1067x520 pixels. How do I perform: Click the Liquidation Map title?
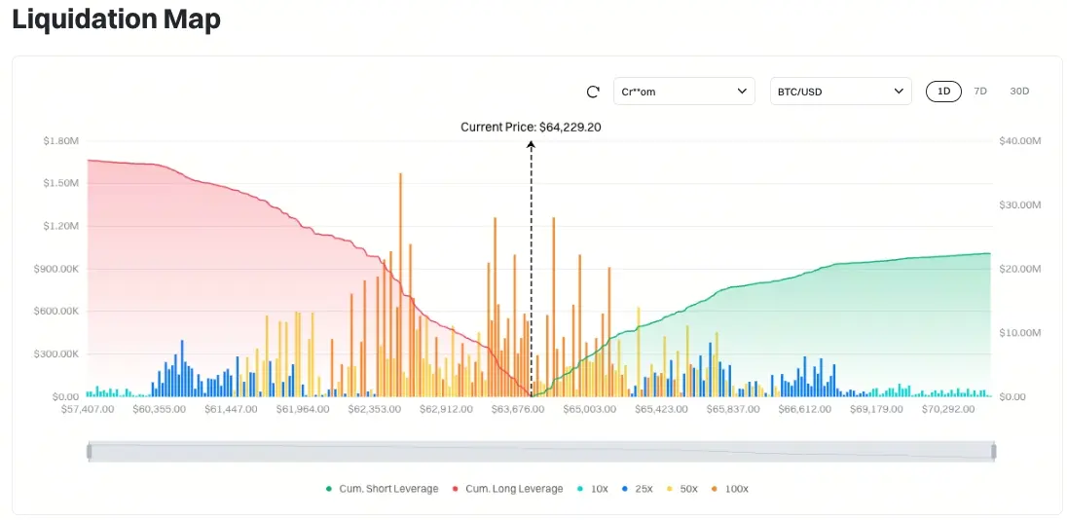click(x=116, y=19)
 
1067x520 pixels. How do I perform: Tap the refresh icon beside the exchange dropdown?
click(x=593, y=92)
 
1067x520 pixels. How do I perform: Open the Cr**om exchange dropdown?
click(x=683, y=92)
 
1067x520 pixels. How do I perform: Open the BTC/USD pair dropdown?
click(x=840, y=92)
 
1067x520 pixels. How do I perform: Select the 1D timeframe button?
click(x=943, y=92)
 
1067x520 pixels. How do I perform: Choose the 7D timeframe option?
click(x=980, y=92)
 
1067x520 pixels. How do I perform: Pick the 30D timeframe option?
click(x=1019, y=92)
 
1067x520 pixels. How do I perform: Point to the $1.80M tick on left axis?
click(x=60, y=141)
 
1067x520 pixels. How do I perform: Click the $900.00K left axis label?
click(x=57, y=269)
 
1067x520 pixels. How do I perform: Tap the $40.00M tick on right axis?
click(x=1020, y=141)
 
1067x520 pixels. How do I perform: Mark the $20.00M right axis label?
click(x=1020, y=269)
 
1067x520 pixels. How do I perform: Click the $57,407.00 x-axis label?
click(x=87, y=409)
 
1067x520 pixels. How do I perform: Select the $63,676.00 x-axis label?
click(x=517, y=409)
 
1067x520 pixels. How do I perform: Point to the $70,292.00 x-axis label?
click(x=947, y=409)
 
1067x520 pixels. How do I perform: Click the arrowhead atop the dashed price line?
click(x=531, y=144)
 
